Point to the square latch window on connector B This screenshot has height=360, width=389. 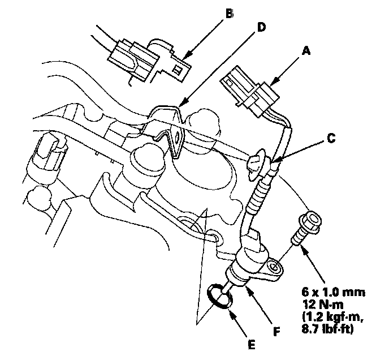[177, 70]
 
